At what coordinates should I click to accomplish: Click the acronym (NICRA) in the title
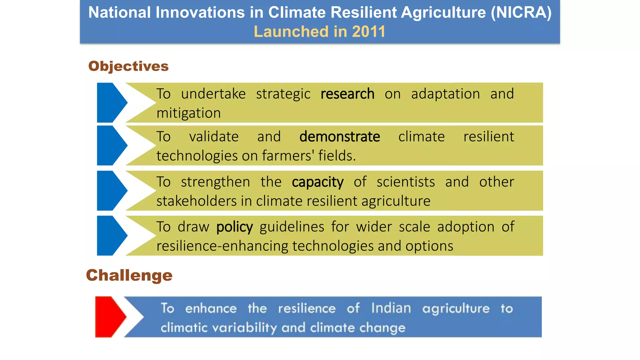[x=521, y=13]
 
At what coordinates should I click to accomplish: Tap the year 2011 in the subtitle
[x=368, y=32]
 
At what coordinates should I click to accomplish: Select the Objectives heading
[x=128, y=66]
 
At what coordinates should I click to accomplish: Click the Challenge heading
[x=129, y=275]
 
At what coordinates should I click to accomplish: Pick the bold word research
[x=347, y=94]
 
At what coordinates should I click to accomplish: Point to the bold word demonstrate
[x=340, y=137]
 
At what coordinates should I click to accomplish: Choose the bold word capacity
[x=317, y=182]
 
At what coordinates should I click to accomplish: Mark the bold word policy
[x=234, y=227]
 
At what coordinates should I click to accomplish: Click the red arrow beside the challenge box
[x=109, y=317]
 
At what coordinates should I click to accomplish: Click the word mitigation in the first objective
[x=188, y=113]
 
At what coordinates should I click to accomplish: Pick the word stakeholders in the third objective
[x=197, y=201]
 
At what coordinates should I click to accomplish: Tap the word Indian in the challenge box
[x=391, y=308]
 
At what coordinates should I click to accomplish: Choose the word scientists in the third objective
[x=406, y=182]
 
